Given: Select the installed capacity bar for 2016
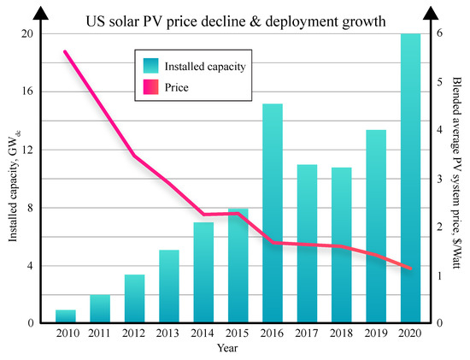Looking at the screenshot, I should [273, 214].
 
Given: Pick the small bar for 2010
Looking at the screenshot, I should [66, 316].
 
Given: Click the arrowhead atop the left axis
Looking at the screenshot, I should [40, 10].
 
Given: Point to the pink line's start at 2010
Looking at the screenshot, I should [66, 52].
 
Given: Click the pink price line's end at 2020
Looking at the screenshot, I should [411, 269].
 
